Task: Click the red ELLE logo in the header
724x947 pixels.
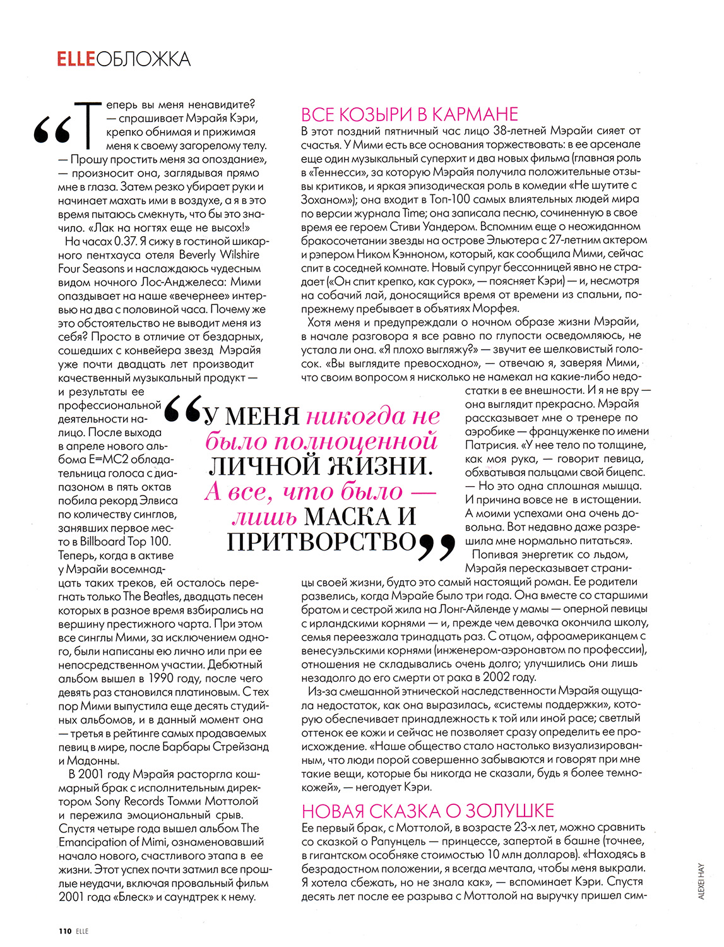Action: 76,59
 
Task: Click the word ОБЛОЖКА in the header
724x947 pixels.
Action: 143,59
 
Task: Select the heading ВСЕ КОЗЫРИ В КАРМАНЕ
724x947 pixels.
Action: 410,114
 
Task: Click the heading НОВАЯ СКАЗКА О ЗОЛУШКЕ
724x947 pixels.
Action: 428,811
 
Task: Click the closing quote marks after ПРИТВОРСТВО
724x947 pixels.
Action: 436,547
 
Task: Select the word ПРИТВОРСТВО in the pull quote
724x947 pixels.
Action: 320,542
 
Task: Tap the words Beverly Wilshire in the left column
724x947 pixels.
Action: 219,255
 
